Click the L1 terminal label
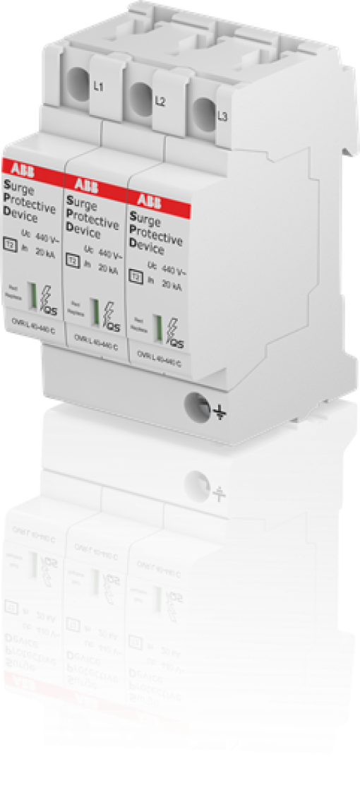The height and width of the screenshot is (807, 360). point(99,88)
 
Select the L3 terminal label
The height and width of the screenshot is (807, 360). point(222,116)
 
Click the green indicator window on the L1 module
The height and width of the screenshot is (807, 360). point(31,295)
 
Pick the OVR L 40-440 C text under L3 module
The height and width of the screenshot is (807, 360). point(158,363)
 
